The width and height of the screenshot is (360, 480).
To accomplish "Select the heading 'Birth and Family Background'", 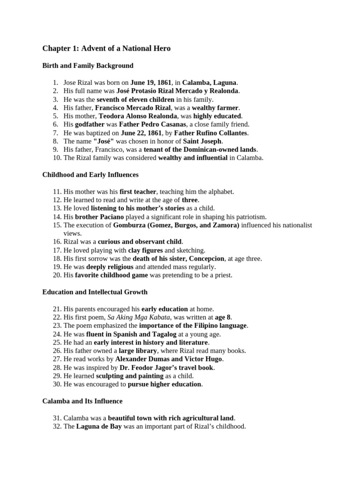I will point(88,66).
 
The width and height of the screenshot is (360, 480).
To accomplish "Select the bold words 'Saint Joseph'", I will point(202,141).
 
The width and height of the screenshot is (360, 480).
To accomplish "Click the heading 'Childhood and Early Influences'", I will point(90,175).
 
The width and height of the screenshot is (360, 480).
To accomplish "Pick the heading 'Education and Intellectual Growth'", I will point(95,292).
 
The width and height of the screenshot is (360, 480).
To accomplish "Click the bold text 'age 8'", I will point(223,317).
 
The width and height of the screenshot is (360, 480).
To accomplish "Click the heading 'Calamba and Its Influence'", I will point(82,401).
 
